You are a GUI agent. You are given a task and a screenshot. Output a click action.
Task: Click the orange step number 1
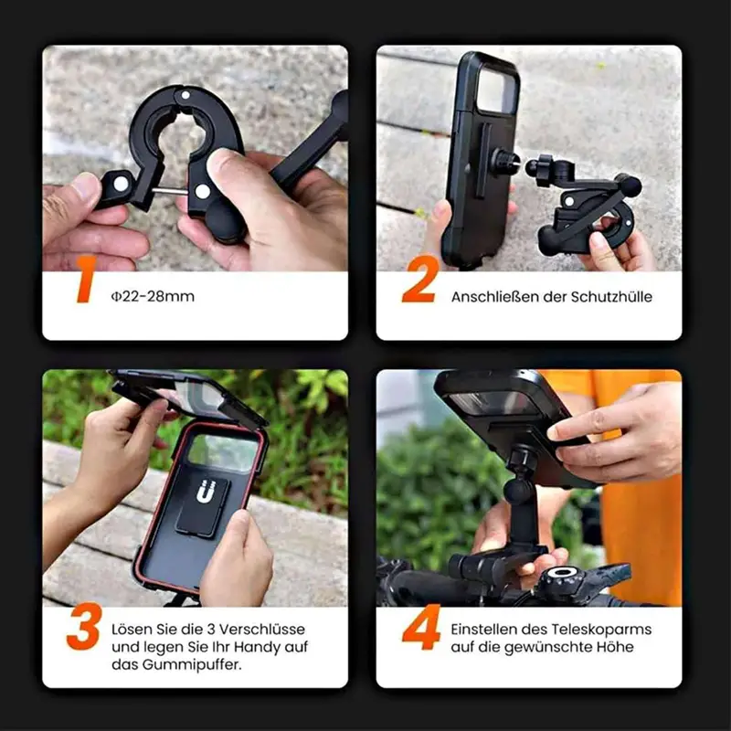pos(86,280)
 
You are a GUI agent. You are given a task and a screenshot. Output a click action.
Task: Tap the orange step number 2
pos(420,280)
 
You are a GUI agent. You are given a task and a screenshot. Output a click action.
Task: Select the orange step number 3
pos(84,626)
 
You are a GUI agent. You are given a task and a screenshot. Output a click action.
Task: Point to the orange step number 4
pos(421,627)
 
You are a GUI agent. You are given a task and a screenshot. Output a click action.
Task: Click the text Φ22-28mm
pos(153,296)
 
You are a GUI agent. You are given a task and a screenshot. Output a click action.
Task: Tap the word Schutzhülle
pos(611,296)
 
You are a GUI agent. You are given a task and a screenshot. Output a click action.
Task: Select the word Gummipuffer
pos(192,665)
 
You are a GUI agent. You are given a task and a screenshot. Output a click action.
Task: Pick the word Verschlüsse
pos(262,630)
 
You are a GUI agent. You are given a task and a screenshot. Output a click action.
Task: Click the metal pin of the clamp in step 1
pos(171,190)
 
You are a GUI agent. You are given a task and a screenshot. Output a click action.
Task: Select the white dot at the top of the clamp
pos(185,96)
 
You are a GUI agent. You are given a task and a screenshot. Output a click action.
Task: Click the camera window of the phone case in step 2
pos(496,90)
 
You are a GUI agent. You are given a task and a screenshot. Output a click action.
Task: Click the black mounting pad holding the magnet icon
pos(203,506)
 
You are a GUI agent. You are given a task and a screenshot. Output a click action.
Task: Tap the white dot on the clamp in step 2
pos(568,201)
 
